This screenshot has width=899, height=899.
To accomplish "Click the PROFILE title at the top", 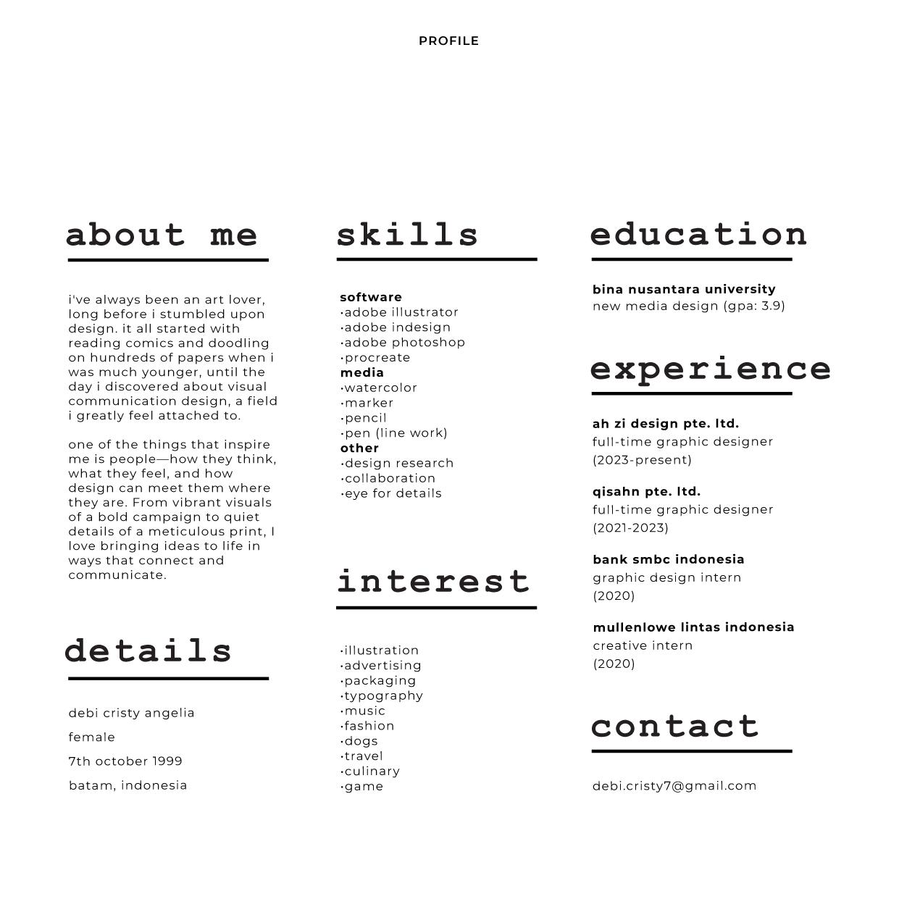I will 448,41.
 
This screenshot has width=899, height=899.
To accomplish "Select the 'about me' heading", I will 162,235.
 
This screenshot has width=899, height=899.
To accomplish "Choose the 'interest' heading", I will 434,582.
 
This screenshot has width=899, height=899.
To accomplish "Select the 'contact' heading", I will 675,727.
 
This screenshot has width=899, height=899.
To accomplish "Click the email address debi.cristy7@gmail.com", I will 674,786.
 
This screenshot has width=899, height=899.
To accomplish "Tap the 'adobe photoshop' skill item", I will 403,343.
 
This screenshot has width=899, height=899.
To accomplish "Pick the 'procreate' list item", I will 376,358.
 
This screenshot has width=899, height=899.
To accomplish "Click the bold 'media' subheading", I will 362,373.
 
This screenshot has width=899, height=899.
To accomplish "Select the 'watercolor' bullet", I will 380,388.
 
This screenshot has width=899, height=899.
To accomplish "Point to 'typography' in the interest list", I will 382,696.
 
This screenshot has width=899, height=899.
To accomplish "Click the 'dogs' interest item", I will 360,741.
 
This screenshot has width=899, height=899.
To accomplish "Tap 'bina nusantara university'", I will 684,290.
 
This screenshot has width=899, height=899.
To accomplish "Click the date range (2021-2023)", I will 630,528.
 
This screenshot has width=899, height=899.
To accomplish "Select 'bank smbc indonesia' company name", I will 669,559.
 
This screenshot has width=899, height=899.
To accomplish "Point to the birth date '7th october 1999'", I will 125,761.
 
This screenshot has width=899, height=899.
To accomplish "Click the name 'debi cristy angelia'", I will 132,713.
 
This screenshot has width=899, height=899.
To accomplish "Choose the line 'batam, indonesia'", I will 128,785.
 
